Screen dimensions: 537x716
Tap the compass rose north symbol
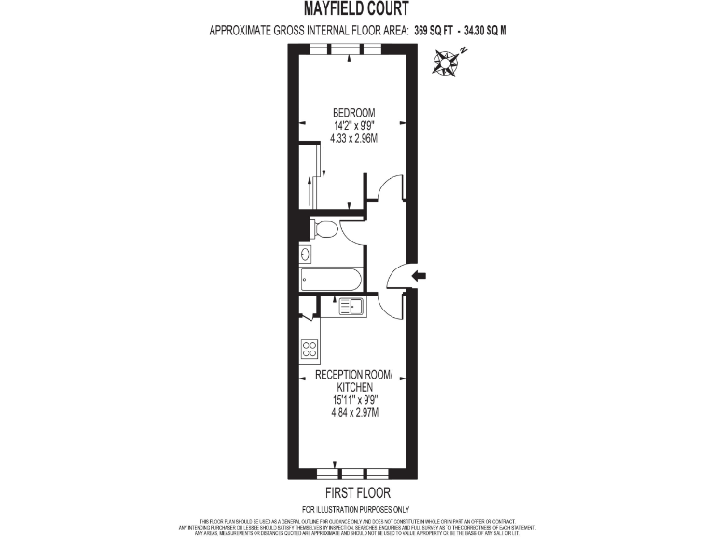446,63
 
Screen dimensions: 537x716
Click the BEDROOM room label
349,113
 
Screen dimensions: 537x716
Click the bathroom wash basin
307,255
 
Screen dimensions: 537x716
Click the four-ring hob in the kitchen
310,351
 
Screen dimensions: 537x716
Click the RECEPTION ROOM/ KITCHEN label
353,380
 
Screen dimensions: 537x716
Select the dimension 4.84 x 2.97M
353,412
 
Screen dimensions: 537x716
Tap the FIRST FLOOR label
357,492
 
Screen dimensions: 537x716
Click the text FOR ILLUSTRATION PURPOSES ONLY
357,508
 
